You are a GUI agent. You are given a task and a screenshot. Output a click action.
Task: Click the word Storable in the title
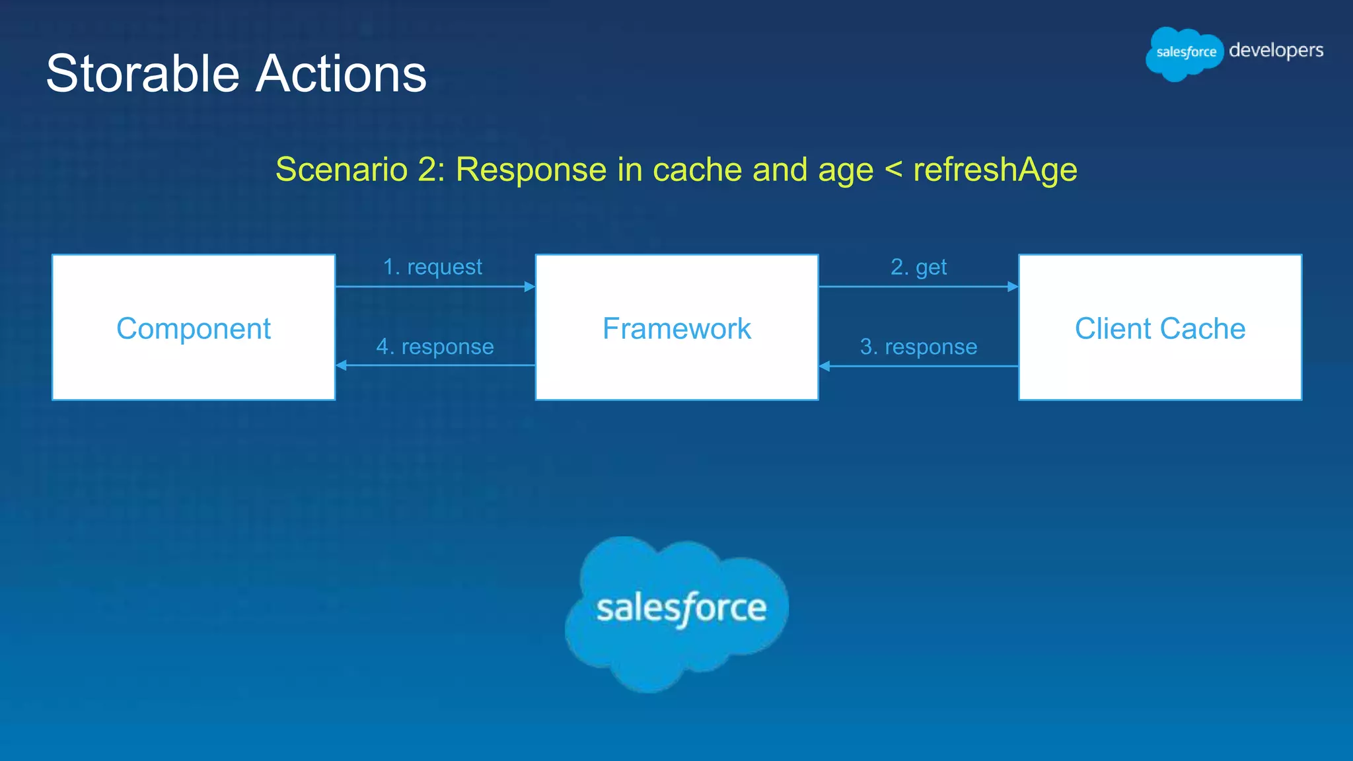coord(142,73)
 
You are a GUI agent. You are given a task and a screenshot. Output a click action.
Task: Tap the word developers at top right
coord(1276,51)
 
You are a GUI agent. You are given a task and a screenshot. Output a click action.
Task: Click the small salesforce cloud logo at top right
coord(1185,53)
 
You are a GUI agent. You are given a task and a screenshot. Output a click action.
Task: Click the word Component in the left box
coord(194,328)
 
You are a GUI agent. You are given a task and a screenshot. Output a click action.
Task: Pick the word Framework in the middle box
coord(676,328)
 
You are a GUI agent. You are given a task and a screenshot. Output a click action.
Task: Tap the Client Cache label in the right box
coord(1160,328)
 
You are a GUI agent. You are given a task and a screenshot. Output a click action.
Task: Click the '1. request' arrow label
coord(433,267)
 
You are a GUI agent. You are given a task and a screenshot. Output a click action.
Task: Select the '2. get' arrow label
coord(918,267)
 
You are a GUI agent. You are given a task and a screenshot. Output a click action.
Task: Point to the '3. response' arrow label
coord(918,347)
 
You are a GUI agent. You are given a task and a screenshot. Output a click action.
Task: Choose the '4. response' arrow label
coord(435,347)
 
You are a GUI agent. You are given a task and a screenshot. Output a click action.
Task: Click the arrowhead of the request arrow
coord(530,287)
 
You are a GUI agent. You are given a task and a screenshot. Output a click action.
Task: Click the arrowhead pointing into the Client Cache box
coord(1013,287)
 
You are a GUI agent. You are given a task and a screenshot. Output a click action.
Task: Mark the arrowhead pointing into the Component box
coord(342,365)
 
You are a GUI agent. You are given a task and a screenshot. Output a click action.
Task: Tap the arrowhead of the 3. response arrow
coord(824,366)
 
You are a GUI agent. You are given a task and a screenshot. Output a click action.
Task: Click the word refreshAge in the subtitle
coord(995,170)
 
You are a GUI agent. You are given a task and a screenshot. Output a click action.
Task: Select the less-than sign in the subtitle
coord(893,170)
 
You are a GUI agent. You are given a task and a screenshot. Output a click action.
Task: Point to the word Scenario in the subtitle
coord(342,170)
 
